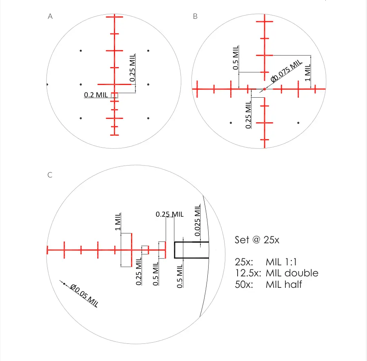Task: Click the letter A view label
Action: point(50,16)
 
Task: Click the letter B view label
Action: point(195,16)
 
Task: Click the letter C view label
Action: point(50,175)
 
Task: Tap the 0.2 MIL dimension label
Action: point(96,95)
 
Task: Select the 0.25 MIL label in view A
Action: point(133,67)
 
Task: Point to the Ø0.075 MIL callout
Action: point(286,71)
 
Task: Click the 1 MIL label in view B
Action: point(307,72)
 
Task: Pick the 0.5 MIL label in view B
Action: point(236,57)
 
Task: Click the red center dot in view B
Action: point(265,89)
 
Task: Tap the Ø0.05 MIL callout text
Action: point(84,295)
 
